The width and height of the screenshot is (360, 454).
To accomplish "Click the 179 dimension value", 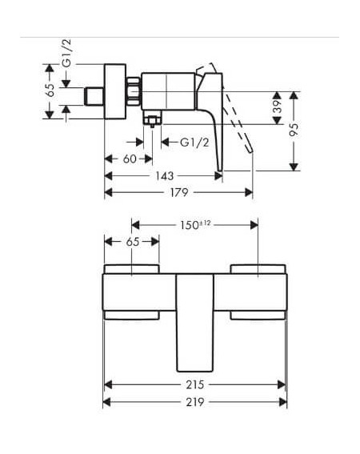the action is pyautogui.click(x=179, y=192).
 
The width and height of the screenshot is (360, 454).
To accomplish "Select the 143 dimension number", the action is pyautogui.click(x=165, y=175).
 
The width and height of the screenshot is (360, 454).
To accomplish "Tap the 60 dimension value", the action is pyautogui.click(x=130, y=159).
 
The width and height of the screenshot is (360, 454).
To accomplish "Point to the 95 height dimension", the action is pyautogui.click(x=294, y=130).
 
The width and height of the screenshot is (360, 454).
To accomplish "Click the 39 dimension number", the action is pyautogui.click(x=278, y=106).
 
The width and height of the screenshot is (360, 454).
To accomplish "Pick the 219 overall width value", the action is pyautogui.click(x=195, y=402).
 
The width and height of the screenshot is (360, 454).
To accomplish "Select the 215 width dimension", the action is pyautogui.click(x=195, y=385).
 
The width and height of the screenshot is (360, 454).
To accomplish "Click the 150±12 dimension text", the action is pyautogui.click(x=195, y=225).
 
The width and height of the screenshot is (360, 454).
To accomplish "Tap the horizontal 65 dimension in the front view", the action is pyautogui.click(x=133, y=242).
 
